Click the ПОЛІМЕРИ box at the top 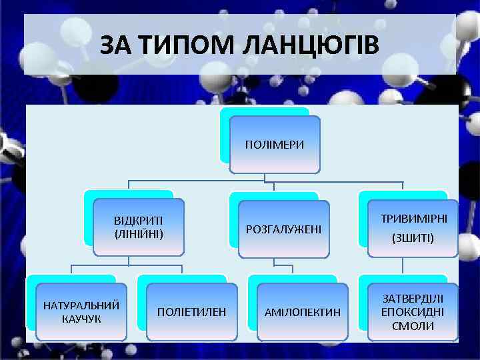pyautogui.click(x=275, y=144)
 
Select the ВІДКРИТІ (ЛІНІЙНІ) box pyautogui.click(x=139, y=227)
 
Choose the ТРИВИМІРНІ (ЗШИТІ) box pyautogui.click(x=413, y=228)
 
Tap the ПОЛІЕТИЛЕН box pyautogui.click(x=191, y=311)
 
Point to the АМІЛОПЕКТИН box pyautogui.click(x=303, y=311)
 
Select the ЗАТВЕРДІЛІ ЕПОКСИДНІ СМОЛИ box pyautogui.click(x=413, y=311)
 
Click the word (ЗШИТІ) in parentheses pyautogui.click(x=413, y=237)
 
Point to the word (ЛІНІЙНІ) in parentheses pyautogui.click(x=139, y=234)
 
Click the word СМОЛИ pyautogui.click(x=413, y=326)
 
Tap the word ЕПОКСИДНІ pyautogui.click(x=413, y=311)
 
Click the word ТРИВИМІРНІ pyautogui.click(x=413, y=219)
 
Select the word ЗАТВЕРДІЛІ pyautogui.click(x=413, y=297)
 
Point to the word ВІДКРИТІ pyautogui.click(x=139, y=221)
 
